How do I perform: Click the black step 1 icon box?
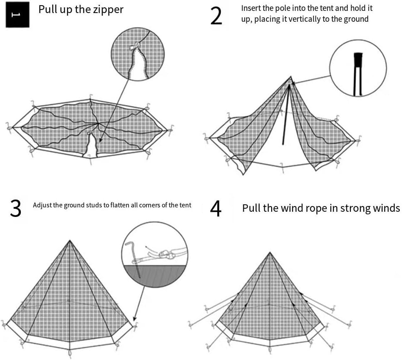tap(17, 15)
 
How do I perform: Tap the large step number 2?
tap(216, 16)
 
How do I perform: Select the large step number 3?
tap(16, 208)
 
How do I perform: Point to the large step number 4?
tap(216, 208)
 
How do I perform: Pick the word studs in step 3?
tap(93, 205)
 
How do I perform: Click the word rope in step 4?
tap(308, 208)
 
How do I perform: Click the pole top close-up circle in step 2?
tap(358, 68)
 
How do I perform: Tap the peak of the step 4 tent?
tap(270, 252)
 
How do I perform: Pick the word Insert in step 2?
tap(250, 8)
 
